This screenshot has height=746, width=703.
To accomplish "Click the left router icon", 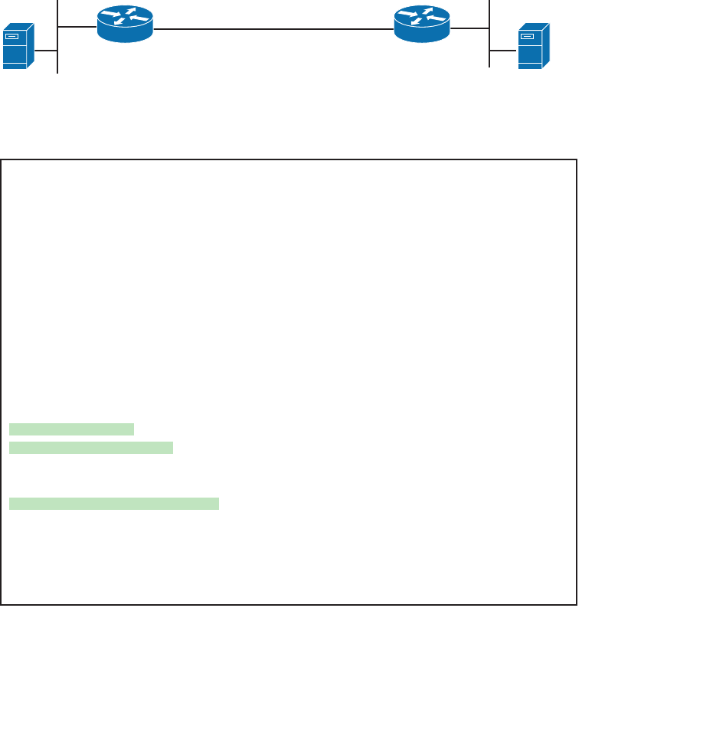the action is (x=125, y=24).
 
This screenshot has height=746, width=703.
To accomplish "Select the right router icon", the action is (x=422, y=24).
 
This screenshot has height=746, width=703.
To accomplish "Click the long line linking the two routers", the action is (x=273, y=29).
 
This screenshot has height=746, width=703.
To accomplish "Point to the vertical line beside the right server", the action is (x=489, y=34).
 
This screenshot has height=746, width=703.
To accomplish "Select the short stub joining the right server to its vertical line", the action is (x=503, y=51).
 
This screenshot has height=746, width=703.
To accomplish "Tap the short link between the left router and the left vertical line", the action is (x=77, y=27).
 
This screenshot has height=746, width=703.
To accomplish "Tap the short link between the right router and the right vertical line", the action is (x=470, y=29).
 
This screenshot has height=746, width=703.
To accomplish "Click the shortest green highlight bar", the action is (x=71, y=429).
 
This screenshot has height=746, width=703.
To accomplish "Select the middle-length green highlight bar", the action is (x=91, y=448).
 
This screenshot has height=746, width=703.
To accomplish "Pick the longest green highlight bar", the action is (x=114, y=504).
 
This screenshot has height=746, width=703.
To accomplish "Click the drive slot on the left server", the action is (x=11, y=35).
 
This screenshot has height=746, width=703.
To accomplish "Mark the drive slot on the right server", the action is (x=527, y=35).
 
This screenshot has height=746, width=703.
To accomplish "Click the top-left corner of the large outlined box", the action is (x=2, y=160).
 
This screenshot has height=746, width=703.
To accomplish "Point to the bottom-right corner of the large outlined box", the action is (x=576, y=604).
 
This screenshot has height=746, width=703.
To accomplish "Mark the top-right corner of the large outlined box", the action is (x=576, y=160).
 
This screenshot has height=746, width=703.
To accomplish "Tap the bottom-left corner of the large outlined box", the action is (x=2, y=604).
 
